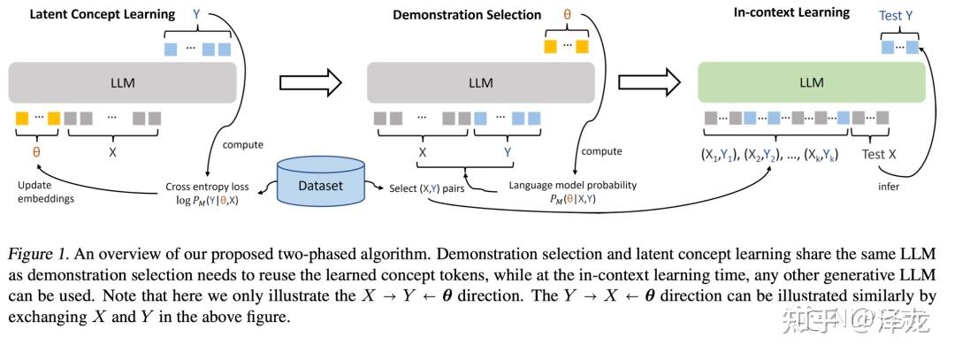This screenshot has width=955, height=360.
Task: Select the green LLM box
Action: pyautogui.click(x=811, y=83)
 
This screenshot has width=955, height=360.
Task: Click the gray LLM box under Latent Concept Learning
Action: pyautogui.click(x=123, y=83)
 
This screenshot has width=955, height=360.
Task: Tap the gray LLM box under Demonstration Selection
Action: pyautogui.click(x=480, y=83)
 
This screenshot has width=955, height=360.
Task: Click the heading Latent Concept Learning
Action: pyautogui.click(x=103, y=14)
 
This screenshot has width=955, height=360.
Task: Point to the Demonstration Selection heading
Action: pyautogui.click(x=467, y=14)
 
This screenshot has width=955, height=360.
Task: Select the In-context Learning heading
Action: pyautogui.click(x=791, y=12)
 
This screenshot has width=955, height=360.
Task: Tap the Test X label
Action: pyautogui.click(x=880, y=153)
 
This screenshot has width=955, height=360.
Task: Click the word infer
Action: pyautogui.click(x=889, y=188)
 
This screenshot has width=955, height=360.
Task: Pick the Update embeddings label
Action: pyautogui.click(x=50, y=191)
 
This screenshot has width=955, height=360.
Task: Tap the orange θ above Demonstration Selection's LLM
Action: pyautogui.click(x=567, y=15)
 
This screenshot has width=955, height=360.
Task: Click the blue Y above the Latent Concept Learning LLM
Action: pyautogui.click(x=196, y=15)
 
